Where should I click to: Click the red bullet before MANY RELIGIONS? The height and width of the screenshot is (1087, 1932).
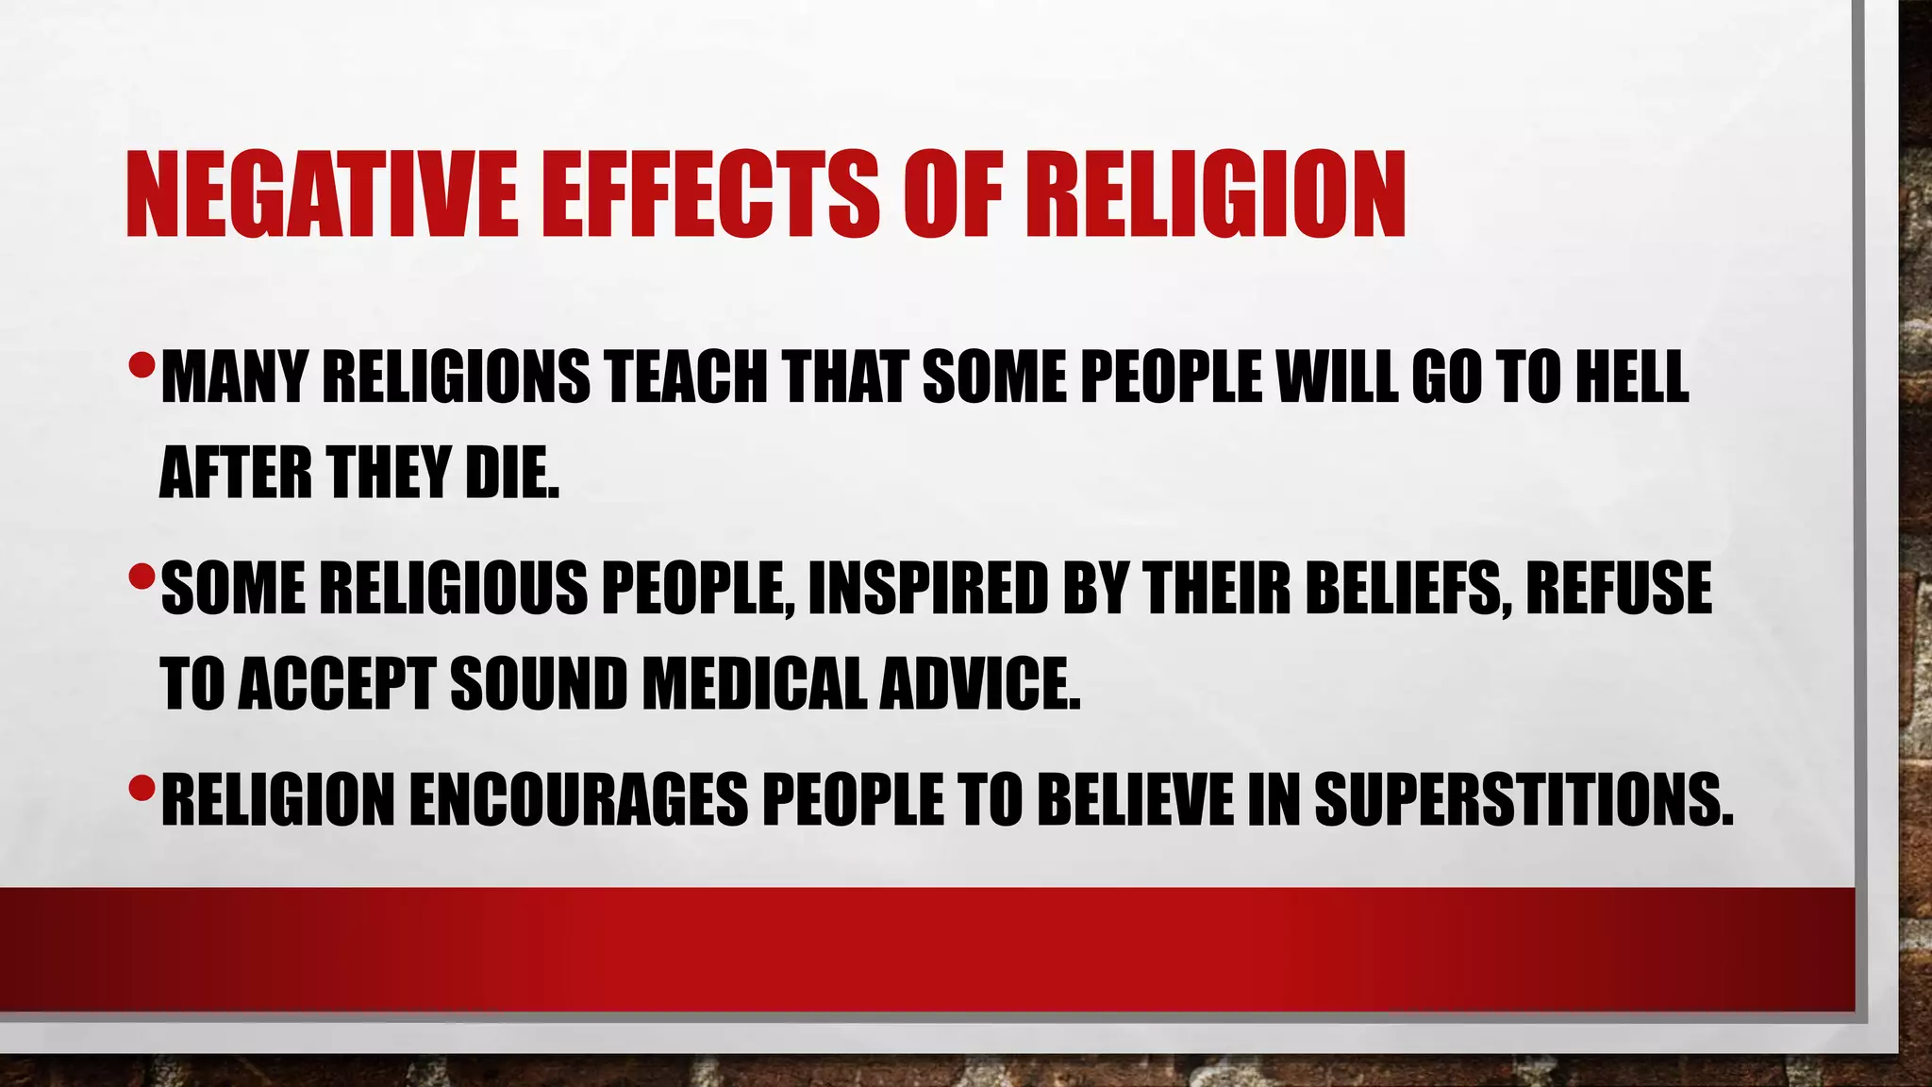pyautogui.click(x=142, y=362)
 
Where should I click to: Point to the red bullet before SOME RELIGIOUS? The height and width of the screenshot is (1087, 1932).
pyautogui.click(x=142, y=574)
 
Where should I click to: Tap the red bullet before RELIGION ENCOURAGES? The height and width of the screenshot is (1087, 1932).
pyautogui.click(x=142, y=785)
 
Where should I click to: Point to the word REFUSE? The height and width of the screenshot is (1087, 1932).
pyautogui.click(x=1619, y=588)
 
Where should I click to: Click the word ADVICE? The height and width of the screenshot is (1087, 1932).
pyautogui.click(x=980, y=683)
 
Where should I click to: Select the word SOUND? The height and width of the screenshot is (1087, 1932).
pyautogui.click(x=539, y=683)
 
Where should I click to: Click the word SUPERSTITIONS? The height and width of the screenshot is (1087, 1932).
pyautogui.click(x=1524, y=799)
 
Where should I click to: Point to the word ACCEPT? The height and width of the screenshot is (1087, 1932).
pyautogui.click(x=336, y=683)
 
